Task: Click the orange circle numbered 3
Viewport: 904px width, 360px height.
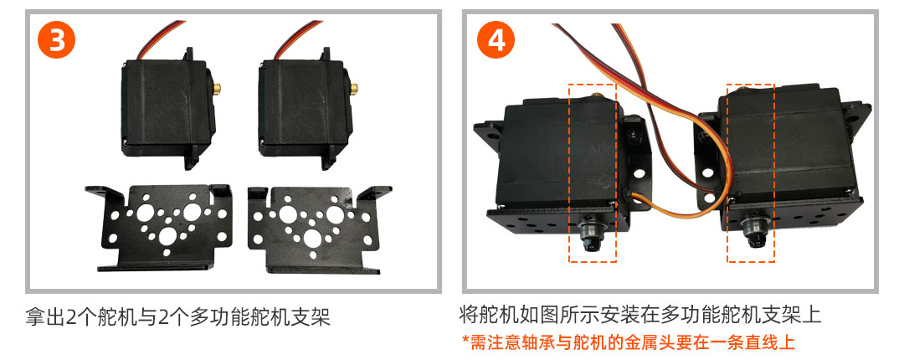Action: click(x=57, y=39)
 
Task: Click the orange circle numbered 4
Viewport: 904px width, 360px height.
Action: click(x=496, y=39)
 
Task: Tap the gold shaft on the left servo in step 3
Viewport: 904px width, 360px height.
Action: click(x=218, y=88)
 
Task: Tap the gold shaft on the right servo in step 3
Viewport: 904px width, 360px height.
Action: click(x=354, y=88)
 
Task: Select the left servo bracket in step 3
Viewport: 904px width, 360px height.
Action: click(x=158, y=228)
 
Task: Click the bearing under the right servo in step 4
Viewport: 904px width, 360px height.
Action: click(x=752, y=231)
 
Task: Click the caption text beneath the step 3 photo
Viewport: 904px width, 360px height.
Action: click(x=177, y=316)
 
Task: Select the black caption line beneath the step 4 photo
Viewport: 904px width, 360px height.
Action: click(x=640, y=315)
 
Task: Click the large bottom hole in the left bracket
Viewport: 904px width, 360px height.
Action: click(x=168, y=234)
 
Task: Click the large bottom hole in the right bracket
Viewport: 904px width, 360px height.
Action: click(x=312, y=237)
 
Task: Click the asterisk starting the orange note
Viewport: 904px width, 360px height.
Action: click(x=466, y=339)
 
